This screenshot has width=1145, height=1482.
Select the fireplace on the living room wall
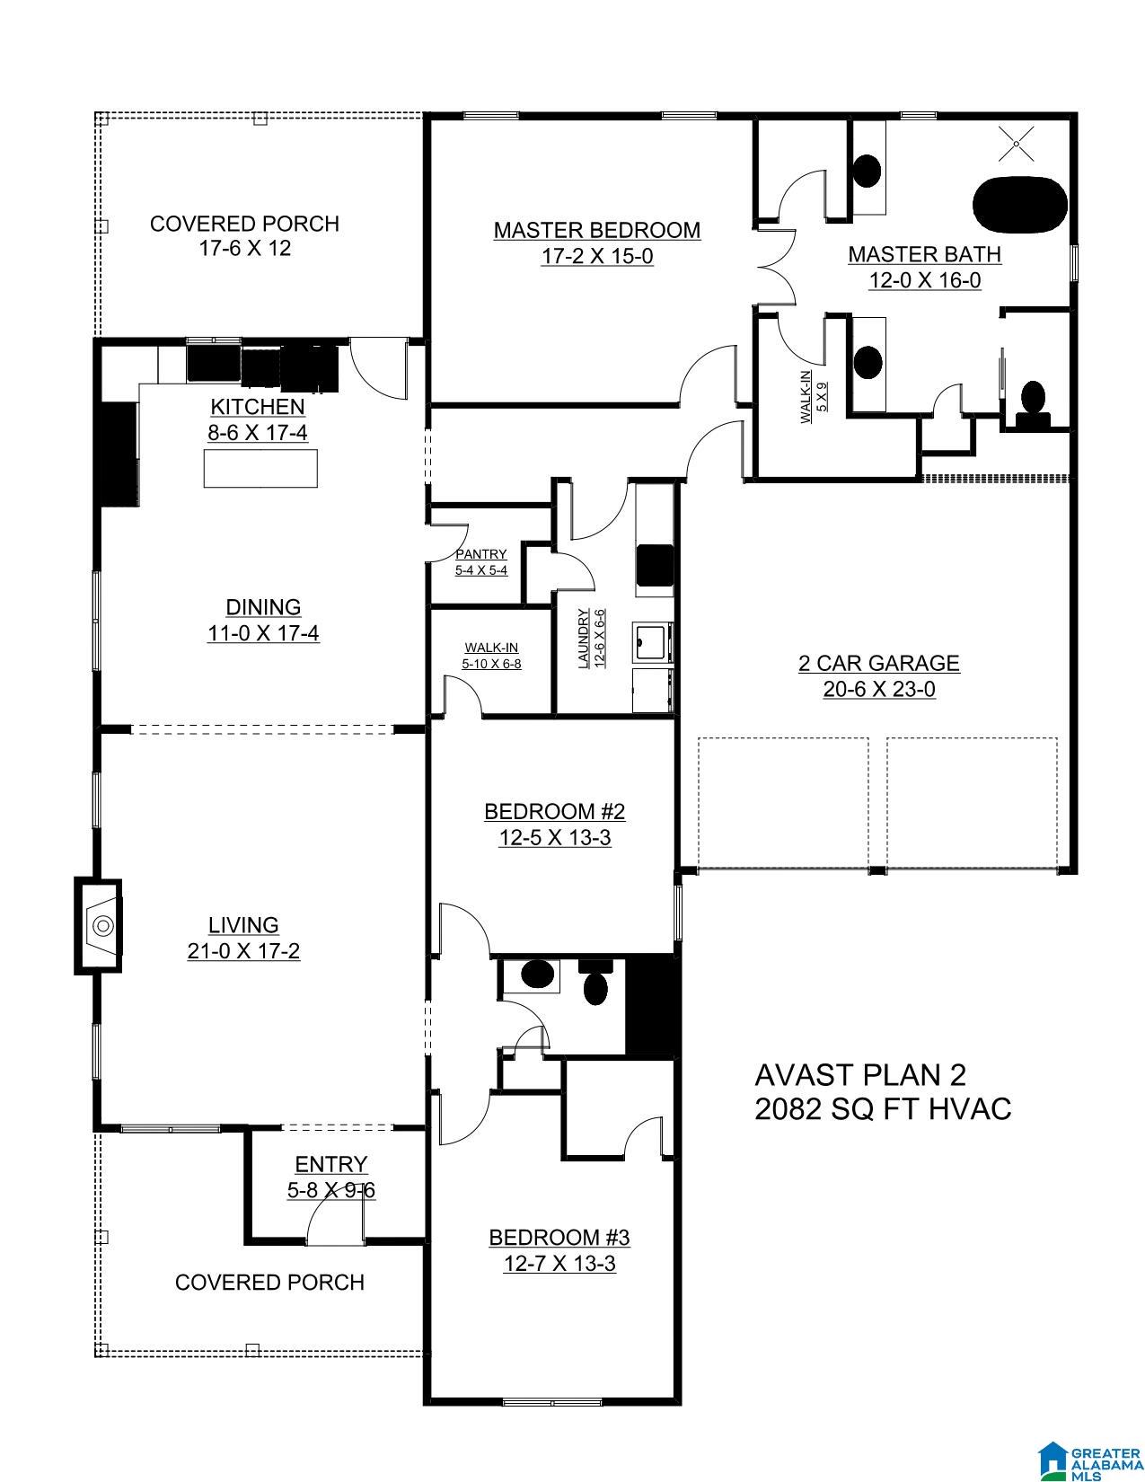point(101,924)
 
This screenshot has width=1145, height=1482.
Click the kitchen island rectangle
point(260,468)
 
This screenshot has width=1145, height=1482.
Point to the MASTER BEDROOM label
point(596,230)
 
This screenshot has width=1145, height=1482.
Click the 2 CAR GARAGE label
point(878,663)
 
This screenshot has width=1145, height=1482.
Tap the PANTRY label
point(481,554)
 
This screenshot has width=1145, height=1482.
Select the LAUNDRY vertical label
point(585,639)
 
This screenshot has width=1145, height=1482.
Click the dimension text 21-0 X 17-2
point(243,950)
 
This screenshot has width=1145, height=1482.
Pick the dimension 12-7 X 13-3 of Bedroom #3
point(559,1263)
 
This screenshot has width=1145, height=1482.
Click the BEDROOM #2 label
point(554,811)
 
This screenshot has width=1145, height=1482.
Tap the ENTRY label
point(331,1164)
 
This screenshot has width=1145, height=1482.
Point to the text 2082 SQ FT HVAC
point(883,1108)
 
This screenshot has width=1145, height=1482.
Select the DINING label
point(263,607)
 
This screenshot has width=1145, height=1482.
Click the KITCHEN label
point(258,406)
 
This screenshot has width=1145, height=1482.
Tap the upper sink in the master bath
point(867,171)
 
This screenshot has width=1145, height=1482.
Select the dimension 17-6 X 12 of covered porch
point(244,249)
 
